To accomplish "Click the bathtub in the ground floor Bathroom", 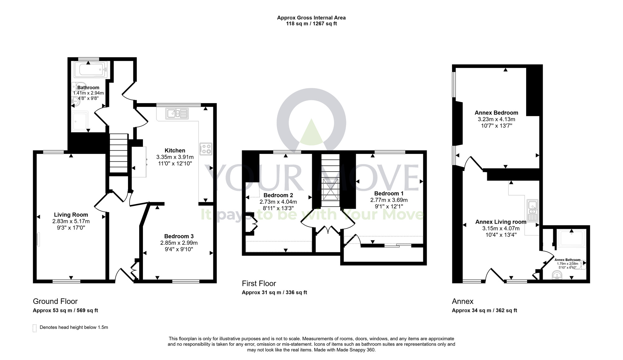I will pyautogui.click(x=90, y=69).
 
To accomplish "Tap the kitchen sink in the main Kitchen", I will pyautogui.click(x=177, y=113).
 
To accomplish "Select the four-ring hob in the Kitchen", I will pyautogui.click(x=206, y=149).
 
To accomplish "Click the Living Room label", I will pyautogui.click(x=71, y=215).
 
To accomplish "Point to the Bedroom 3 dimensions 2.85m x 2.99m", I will pyautogui.click(x=179, y=243).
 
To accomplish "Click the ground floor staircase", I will pyautogui.click(x=119, y=153).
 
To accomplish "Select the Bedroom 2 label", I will pyautogui.click(x=278, y=195).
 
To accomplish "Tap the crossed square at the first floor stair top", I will pyautogui.click(x=331, y=189).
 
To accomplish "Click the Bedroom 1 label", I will pyautogui.click(x=389, y=193).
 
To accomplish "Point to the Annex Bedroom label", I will pyautogui.click(x=496, y=113).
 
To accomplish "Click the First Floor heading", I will pyautogui.click(x=259, y=283).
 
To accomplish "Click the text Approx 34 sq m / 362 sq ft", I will pyautogui.click(x=484, y=310).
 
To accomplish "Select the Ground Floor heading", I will pyautogui.click(x=55, y=301).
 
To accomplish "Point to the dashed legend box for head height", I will pyautogui.click(x=35, y=328).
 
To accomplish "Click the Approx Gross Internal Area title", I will pyautogui.click(x=311, y=18).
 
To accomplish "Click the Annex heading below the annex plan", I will pyautogui.click(x=463, y=301).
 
